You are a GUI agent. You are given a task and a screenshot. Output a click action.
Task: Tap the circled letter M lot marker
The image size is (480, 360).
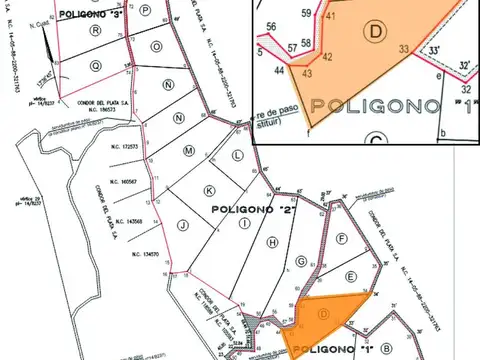pyautogui.click(x=187, y=150)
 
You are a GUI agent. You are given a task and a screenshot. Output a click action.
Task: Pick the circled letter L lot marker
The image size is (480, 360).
pyautogui.click(x=236, y=158)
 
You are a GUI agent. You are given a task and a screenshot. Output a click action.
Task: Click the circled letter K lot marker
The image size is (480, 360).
pyautogui.click(x=209, y=189)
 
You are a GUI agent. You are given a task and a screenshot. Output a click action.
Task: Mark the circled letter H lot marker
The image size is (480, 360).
pyautogui.click(x=271, y=242)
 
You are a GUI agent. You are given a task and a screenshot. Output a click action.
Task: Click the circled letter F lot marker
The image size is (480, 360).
pyautogui.click(x=341, y=238)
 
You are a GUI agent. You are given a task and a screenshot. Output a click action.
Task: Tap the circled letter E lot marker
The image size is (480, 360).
pyautogui.click(x=350, y=276)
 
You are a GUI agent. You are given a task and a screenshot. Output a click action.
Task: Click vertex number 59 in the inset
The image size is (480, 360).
pyautogui.click(x=307, y=13)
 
